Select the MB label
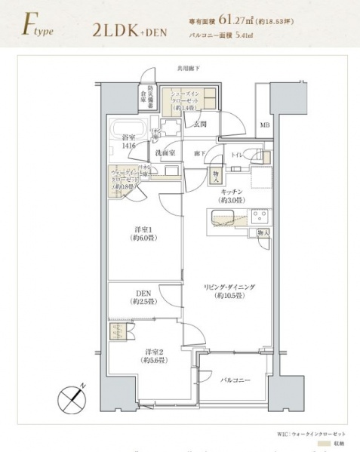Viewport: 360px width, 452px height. [x=264, y=125]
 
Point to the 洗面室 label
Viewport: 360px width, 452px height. [x=165, y=153]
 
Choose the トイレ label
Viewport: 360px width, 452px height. [x=237, y=153]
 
